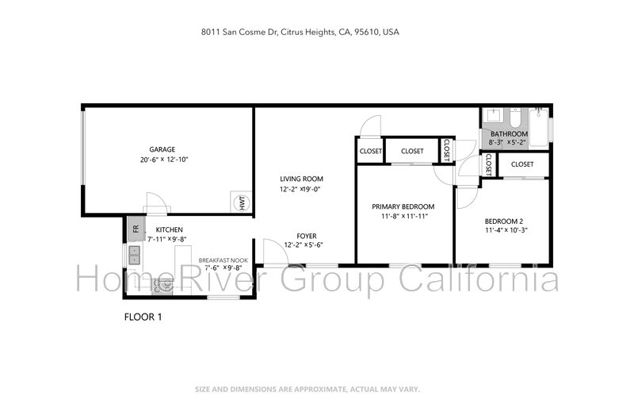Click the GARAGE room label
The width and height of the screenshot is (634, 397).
click(x=162, y=149)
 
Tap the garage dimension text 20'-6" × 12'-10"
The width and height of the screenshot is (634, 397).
click(x=164, y=160)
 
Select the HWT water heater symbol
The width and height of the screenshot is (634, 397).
click(x=241, y=202)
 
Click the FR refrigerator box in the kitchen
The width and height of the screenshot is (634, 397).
click(x=136, y=229)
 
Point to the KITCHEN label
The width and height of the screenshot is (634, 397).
click(x=170, y=229)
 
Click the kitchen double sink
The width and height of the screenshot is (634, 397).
click(x=134, y=255)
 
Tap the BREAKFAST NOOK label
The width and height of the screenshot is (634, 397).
click(x=223, y=260)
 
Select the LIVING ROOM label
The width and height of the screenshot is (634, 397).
click(x=302, y=179)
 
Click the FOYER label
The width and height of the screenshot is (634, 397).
click(x=307, y=236)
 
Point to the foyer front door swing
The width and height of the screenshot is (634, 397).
click(x=276, y=252)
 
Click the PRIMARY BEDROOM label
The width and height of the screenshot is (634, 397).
click(x=403, y=206)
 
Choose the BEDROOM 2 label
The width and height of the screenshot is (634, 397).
click(x=504, y=222)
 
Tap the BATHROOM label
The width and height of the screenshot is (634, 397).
click(x=509, y=133)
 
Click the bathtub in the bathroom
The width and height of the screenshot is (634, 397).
click(x=539, y=128)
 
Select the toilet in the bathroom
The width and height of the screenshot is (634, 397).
click(x=515, y=118)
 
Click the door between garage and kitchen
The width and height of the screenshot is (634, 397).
click(x=157, y=203)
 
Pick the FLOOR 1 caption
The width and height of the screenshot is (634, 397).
click(x=143, y=317)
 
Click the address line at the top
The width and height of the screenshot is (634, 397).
click(x=300, y=32)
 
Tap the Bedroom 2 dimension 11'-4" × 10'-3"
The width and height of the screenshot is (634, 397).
click(x=506, y=230)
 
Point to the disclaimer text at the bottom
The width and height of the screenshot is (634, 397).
click(x=307, y=389)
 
